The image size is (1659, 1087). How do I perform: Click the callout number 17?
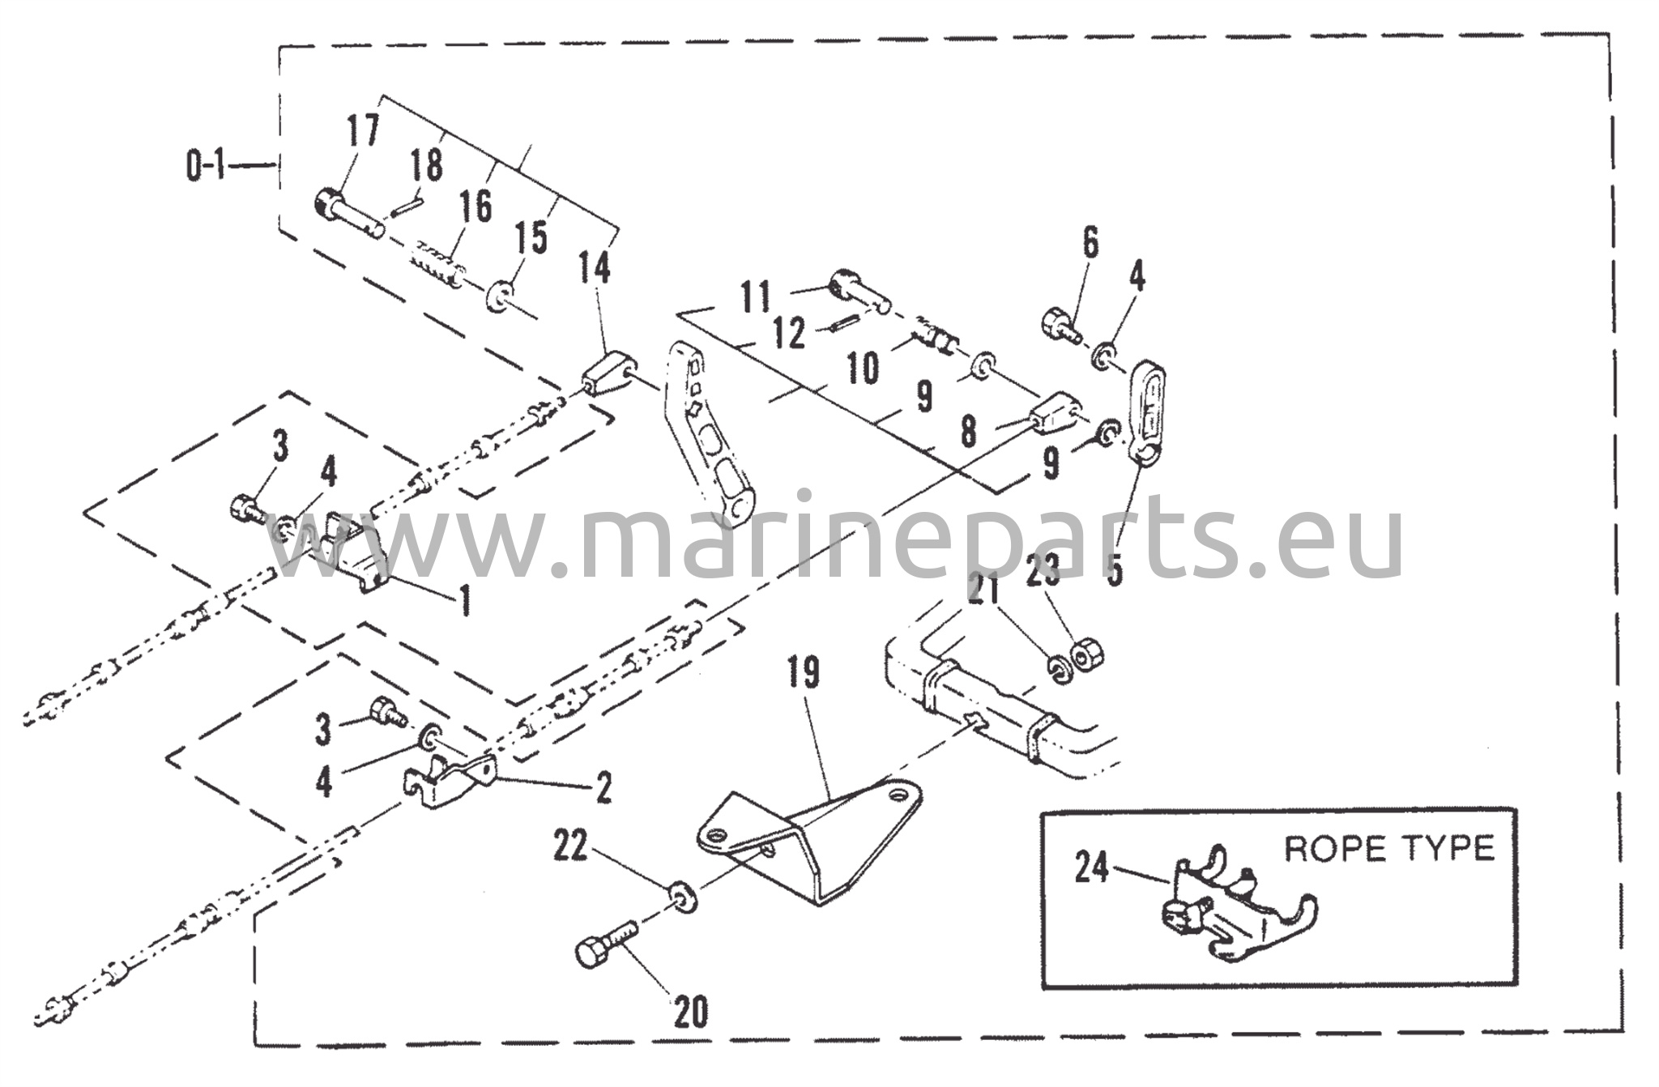click(x=363, y=131)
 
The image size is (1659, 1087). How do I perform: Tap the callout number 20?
click(x=691, y=1012)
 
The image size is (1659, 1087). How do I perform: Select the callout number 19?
click(x=803, y=674)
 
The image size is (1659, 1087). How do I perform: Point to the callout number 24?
click(x=1092, y=868)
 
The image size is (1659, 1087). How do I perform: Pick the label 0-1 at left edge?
click(x=205, y=167)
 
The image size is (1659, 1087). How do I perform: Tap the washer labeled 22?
click(x=683, y=897)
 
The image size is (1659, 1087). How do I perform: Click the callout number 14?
click(x=595, y=266)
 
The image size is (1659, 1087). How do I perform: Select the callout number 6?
click(x=1091, y=243)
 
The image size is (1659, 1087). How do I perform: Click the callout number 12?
click(x=790, y=333)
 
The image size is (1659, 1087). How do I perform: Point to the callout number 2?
click(x=603, y=787)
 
